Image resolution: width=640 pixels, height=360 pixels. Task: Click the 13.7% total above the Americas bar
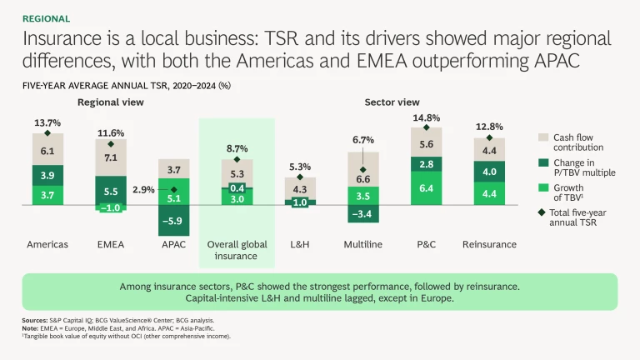tap(47, 122)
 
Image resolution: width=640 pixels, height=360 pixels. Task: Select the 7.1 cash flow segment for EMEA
tap(111, 158)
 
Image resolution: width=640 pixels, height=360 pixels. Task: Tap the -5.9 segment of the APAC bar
tap(173, 221)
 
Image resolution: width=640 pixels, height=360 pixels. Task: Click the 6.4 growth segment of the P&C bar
tap(426, 189)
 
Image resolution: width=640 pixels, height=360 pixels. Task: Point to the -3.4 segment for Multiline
tap(362, 214)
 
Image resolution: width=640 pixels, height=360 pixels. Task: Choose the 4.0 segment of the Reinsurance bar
tap(489, 172)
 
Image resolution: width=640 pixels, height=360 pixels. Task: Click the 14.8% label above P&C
tap(426, 117)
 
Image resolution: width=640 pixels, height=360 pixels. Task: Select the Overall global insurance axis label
tap(237, 250)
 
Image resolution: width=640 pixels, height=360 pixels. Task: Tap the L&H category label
tap(300, 245)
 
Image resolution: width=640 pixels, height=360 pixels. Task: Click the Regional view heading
tap(111, 102)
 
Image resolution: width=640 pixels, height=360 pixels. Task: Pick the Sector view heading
tap(392, 102)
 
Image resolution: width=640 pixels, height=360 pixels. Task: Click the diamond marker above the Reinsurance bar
tap(489, 137)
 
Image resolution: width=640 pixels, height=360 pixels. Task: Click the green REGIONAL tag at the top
tap(47, 18)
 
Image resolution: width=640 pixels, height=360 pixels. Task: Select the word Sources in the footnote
tap(35, 319)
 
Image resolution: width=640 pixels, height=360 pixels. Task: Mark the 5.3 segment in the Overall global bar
tap(237, 174)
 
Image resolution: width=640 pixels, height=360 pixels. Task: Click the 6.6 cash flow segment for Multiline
tap(362, 179)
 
